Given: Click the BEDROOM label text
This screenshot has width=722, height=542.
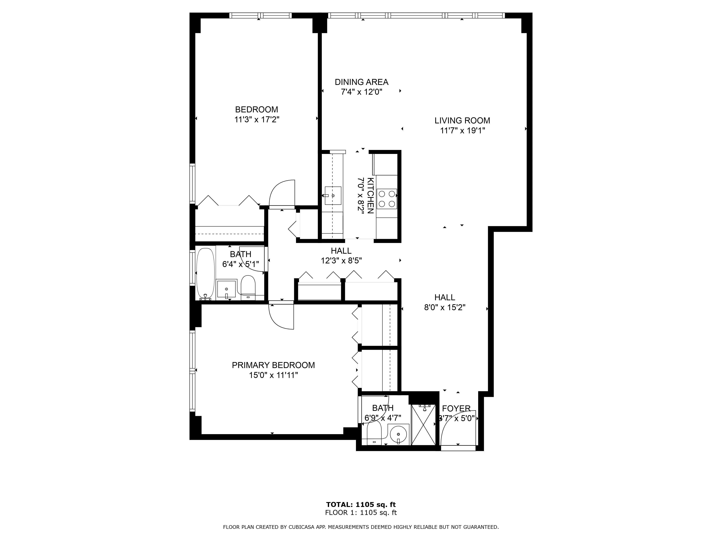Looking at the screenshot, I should point(256,109).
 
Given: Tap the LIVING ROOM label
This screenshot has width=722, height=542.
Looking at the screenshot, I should point(462,121).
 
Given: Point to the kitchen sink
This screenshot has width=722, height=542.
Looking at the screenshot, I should point(333,196).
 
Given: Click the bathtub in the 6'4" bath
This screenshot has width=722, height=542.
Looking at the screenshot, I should point(205,274).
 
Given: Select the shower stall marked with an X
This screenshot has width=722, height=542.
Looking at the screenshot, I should point(423,425).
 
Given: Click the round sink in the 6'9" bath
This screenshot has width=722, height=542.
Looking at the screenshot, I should point(399,434).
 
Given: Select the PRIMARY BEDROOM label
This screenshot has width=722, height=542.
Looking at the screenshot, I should point(273,365).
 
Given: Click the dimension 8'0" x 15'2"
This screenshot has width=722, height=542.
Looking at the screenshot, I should point(445,308).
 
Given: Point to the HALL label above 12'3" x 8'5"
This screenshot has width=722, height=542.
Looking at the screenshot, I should point(341,251).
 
